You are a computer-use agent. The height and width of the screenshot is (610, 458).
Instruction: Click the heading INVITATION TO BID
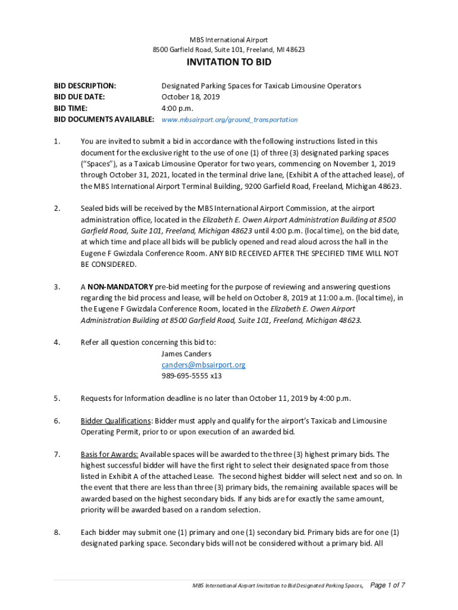(x=229, y=63)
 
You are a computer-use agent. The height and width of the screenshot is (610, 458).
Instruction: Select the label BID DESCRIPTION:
(x=85, y=86)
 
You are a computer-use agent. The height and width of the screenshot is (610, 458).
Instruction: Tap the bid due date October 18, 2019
(x=191, y=97)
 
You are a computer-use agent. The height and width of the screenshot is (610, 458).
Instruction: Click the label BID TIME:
(x=71, y=108)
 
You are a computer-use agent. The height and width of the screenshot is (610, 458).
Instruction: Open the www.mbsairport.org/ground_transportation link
(x=230, y=120)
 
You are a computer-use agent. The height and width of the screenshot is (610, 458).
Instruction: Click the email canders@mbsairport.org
(x=203, y=365)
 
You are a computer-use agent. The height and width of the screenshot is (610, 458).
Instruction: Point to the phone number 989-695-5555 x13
(x=192, y=376)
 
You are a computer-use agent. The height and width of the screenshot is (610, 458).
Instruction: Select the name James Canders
(x=186, y=353)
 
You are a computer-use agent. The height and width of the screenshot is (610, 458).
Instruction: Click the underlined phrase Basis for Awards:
(x=109, y=455)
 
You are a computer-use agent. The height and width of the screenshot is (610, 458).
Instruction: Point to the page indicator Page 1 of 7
(x=388, y=586)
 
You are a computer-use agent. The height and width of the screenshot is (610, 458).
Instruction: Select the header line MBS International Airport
(x=229, y=40)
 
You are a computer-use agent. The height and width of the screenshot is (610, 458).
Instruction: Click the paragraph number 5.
(x=57, y=398)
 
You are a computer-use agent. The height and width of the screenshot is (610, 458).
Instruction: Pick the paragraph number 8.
(x=57, y=533)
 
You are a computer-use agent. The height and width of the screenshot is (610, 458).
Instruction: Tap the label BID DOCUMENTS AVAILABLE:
(x=104, y=120)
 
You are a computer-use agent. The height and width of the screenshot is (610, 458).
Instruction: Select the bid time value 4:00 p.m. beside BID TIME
(x=177, y=108)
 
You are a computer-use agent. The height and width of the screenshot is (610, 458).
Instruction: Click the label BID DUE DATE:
(x=79, y=97)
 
